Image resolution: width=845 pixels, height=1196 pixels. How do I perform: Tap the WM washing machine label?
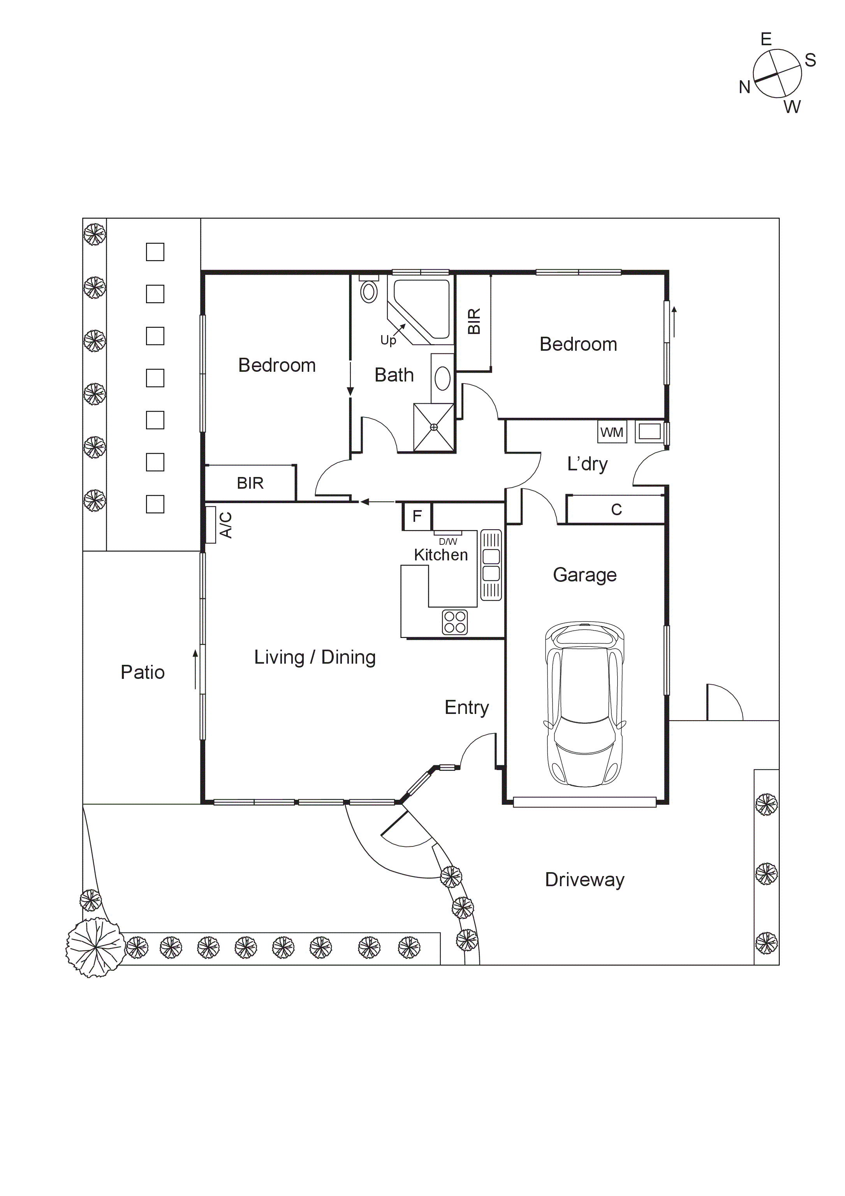tap(612, 432)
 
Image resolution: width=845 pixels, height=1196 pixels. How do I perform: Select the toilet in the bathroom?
tap(369, 292)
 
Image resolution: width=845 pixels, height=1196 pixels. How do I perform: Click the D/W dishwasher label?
tap(448, 541)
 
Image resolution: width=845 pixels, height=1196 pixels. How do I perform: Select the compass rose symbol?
tap(777, 73)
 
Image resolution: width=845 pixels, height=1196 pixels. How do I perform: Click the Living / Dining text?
tap(315, 657)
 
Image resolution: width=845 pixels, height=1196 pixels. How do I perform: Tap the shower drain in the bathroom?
tap(434, 427)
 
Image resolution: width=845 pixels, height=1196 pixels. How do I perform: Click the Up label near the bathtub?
tap(388, 340)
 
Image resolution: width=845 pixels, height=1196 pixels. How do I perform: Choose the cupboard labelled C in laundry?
tap(616, 509)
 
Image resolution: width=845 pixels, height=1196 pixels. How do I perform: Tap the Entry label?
tap(467, 707)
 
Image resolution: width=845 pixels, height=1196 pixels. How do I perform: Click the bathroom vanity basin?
tap(442, 378)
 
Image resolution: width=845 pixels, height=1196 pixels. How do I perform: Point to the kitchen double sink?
tap(491, 565)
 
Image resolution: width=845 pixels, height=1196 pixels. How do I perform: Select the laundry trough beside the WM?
tap(649, 431)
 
